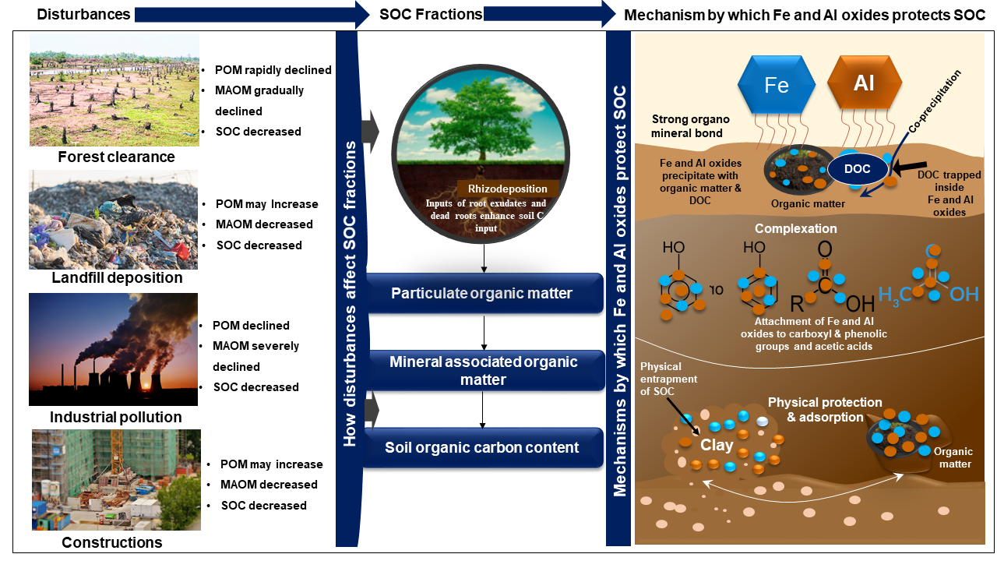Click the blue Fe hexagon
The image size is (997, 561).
pyautogui.click(x=777, y=84)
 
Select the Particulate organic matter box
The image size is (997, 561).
pyautogui.click(x=481, y=294)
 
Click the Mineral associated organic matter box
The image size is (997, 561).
pyautogui.click(x=484, y=370)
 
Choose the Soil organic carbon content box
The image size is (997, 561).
pyautogui.click(x=481, y=447)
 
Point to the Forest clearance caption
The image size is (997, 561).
pyautogui.click(x=116, y=157)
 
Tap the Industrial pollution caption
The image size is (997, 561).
pyautogui.click(x=116, y=417)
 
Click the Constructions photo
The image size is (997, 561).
pyautogui.click(x=116, y=479)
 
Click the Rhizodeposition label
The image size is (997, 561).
pyautogui.click(x=507, y=189)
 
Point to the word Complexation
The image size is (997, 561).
pyautogui.click(x=794, y=229)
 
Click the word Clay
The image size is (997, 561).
pyautogui.click(x=717, y=446)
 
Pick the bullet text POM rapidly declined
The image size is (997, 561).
pyautogui.click(x=273, y=70)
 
